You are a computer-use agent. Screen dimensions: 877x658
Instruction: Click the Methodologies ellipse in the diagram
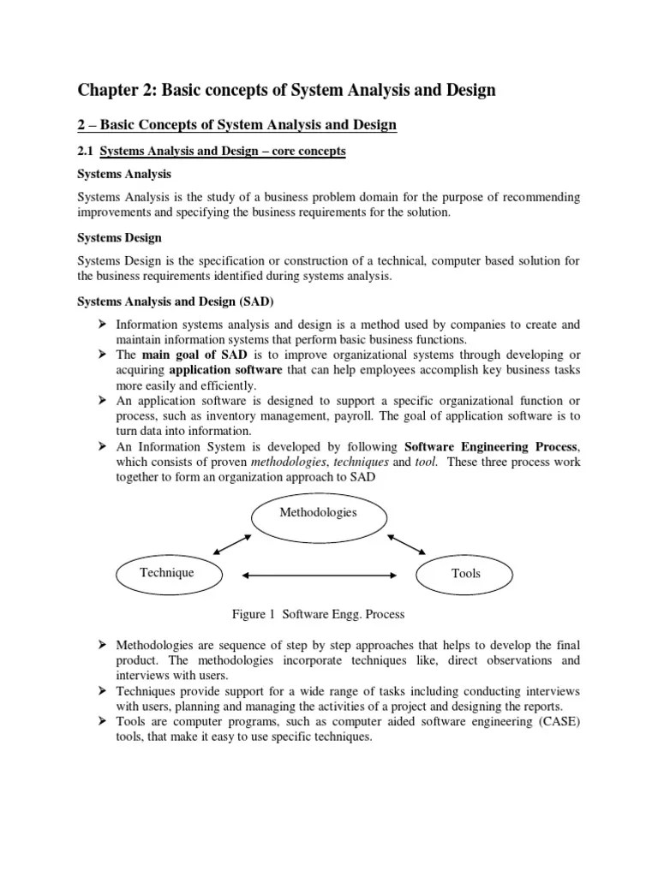click(x=318, y=513)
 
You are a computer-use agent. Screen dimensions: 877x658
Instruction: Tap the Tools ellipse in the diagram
click(x=465, y=574)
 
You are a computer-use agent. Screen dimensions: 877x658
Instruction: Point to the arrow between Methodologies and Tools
click(x=406, y=545)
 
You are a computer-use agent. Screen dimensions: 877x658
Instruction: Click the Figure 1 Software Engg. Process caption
click(x=318, y=614)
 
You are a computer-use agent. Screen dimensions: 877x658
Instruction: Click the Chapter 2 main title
click(x=287, y=90)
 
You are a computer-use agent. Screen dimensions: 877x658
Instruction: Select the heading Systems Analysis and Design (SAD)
click(x=176, y=302)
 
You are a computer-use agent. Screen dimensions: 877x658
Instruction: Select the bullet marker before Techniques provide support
click(x=102, y=691)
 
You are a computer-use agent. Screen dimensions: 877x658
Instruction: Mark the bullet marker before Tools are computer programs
click(x=102, y=722)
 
